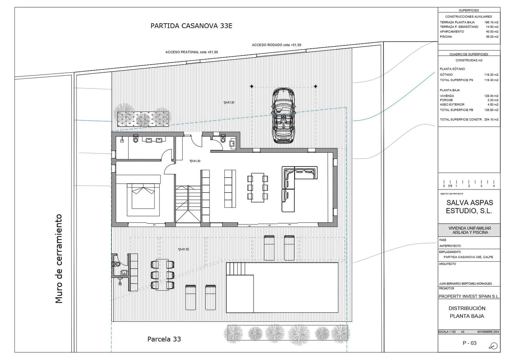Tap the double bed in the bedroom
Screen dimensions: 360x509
coord(143,197)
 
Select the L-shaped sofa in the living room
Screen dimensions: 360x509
coord(294,188)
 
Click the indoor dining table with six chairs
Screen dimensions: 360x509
coord(257,187)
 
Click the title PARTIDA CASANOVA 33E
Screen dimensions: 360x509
coord(191,26)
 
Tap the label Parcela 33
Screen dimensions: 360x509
coord(164,339)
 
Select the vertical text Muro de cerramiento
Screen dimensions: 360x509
coord(59,258)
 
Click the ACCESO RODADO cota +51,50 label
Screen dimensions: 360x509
coord(276,45)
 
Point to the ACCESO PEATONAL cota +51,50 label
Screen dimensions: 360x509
coord(192,52)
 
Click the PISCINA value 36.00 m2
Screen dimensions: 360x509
coord(492,37)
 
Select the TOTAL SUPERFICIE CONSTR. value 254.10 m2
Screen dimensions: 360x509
coord(492,119)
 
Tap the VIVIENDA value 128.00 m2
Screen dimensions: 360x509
coord(492,96)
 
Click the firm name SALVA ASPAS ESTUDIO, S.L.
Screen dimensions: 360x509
coord(469,207)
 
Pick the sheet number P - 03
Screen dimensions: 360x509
coord(469,343)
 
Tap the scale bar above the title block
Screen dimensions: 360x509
coord(469,183)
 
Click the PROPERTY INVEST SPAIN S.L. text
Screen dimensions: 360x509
coord(469,296)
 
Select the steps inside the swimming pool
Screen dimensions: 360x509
coord(236,269)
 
